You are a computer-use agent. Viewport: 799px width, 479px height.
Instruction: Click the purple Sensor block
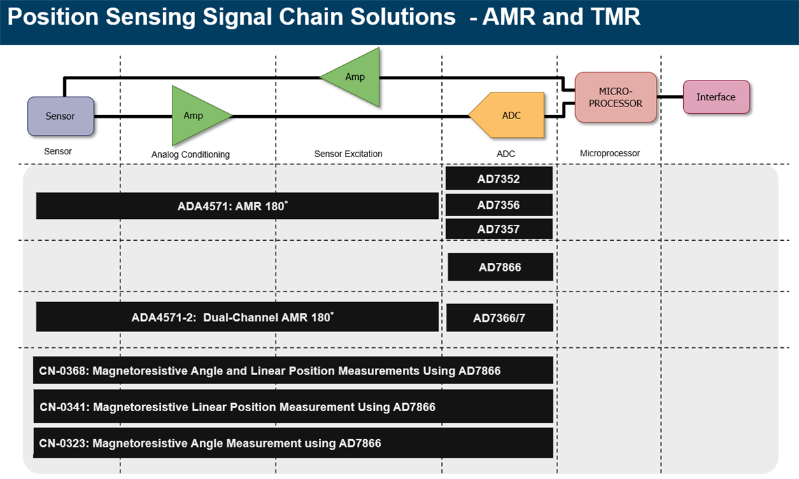point(60,116)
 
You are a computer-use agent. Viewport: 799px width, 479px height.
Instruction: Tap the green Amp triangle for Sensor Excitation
point(354,77)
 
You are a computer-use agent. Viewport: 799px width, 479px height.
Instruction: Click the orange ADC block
point(509,115)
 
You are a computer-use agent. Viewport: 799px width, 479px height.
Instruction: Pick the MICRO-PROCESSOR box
point(616,97)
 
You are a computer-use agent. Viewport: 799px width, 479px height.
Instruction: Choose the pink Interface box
point(716,97)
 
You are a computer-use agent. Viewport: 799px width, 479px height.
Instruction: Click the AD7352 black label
point(499,178)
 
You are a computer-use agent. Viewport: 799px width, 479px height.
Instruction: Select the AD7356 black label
point(499,205)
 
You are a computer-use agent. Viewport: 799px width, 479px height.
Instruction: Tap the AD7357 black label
point(499,229)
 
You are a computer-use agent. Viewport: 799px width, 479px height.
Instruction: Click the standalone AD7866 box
point(500,267)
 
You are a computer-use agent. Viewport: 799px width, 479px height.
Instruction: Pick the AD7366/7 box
point(499,318)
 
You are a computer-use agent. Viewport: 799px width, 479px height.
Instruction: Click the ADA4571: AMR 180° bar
point(237,206)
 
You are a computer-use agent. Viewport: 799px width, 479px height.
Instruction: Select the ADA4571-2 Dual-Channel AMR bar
point(237,317)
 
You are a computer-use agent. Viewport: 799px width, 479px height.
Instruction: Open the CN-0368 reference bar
point(293,371)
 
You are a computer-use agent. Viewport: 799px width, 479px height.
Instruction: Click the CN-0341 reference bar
point(293,406)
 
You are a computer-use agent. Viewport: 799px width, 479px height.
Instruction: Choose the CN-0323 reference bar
point(293,442)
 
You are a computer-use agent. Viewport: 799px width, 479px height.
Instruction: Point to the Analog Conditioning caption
point(190,154)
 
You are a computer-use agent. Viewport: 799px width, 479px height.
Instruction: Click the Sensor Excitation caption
point(348,154)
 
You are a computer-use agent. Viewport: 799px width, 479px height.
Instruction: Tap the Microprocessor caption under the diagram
point(610,153)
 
